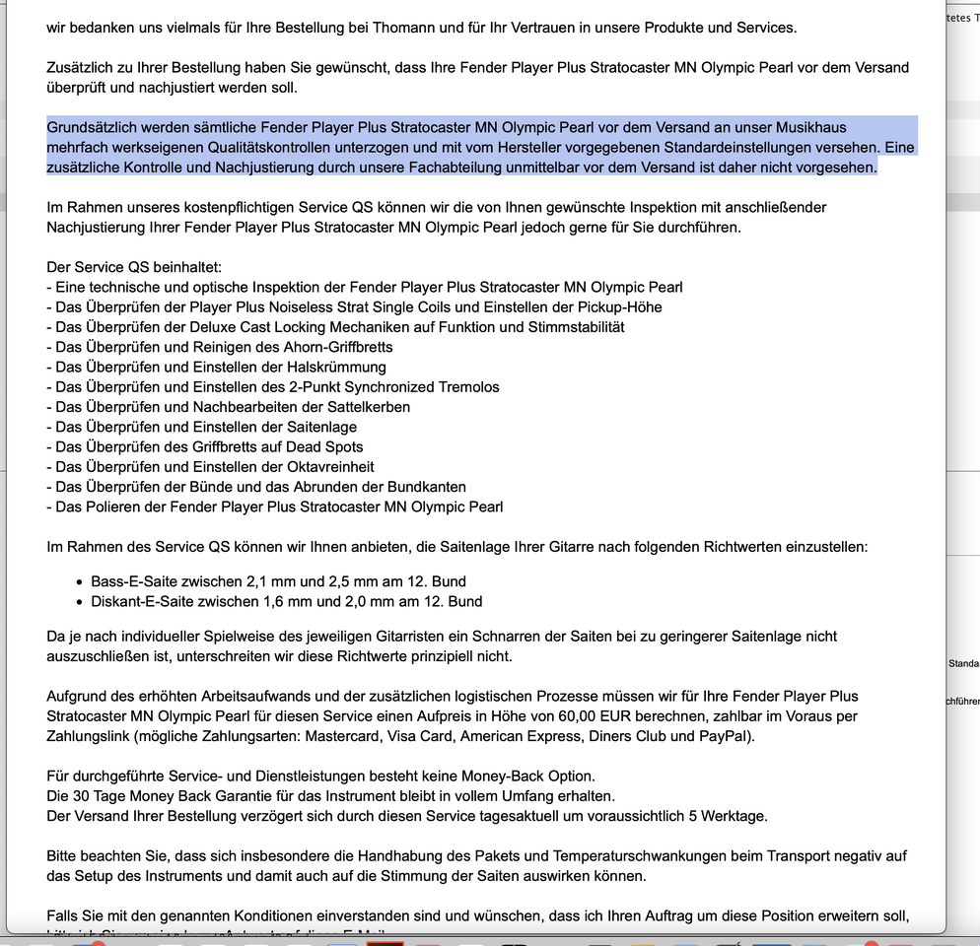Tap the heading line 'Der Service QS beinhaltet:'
pyautogui.click(x=134, y=267)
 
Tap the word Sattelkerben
pyautogui.click(x=365, y=407)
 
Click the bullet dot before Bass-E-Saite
pyautogui.click(x=80, y=581)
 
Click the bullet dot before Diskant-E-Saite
pyautogui.click(x=80, y=601)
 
